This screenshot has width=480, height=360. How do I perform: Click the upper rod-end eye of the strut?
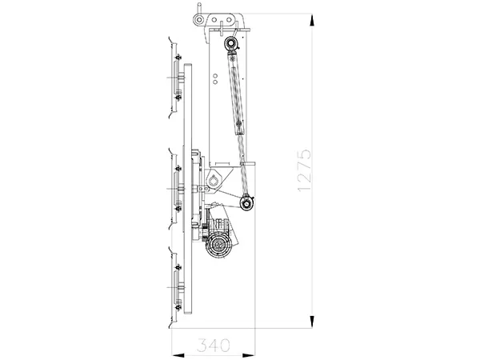pyautogui.click(x=230, y=43)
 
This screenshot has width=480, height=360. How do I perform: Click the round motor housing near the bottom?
pyautogui.click(x=218, y=243)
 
